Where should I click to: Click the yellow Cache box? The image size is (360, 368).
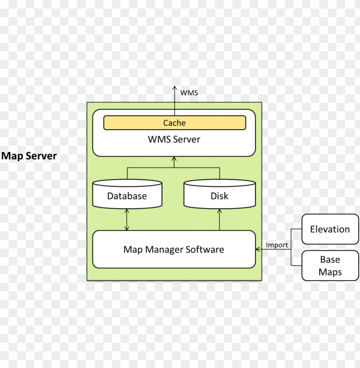[x=174, y=123]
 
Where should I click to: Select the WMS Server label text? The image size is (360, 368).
[x=174, y=139]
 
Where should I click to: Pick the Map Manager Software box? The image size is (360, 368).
[x=174, y=249]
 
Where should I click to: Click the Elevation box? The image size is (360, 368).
[x=330, y=229]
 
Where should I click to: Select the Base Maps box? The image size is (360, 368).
[x=330, y=266]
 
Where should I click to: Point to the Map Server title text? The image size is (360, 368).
[x=29, y=156]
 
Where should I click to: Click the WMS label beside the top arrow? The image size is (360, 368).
[x=189, y=93]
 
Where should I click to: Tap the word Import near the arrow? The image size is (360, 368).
[x=277, y=245]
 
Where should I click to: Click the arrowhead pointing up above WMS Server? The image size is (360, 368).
[x=174, y=87]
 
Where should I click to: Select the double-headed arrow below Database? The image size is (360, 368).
[x=127, y=220]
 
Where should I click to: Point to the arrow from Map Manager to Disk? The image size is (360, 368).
[x=219, y=220]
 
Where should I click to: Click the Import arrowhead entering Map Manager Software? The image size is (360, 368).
[x=258, y=249]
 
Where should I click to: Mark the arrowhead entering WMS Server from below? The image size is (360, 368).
[x=174, y=159]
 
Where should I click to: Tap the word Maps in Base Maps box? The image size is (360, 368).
[x=330, y=272]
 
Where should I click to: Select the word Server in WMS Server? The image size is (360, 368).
[x=187, y=139]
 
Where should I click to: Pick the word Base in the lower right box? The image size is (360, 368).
[x=330, y=260]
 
